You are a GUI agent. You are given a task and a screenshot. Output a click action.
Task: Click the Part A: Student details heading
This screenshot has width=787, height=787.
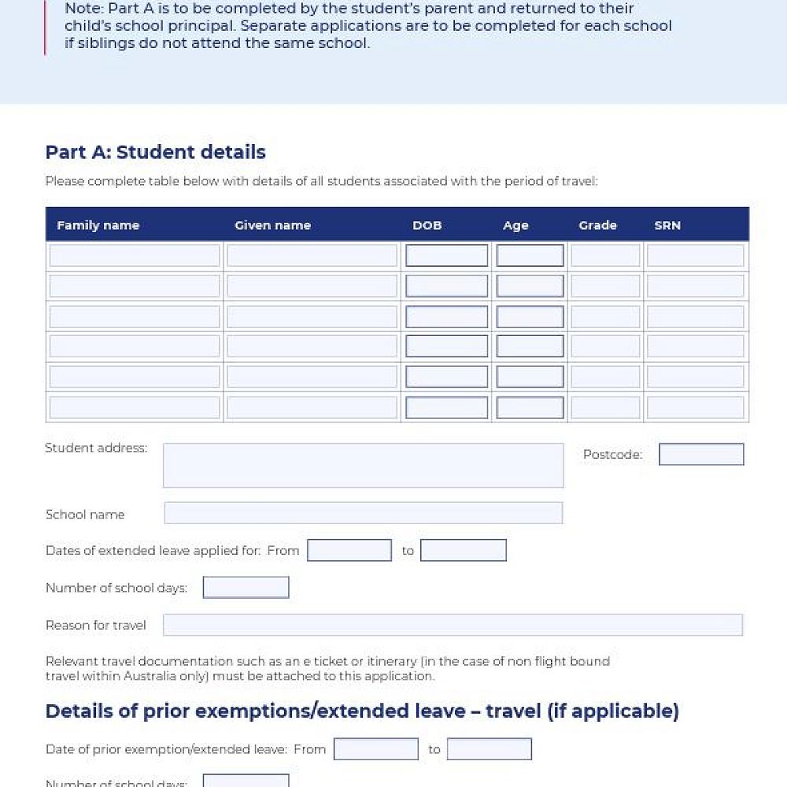point(155,152)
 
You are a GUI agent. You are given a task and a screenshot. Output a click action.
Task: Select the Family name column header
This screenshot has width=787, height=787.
point(98,225)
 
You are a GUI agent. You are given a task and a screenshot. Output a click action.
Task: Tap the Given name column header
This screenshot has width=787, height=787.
point(272,225)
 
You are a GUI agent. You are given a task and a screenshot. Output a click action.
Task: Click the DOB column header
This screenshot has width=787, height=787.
point(427,225)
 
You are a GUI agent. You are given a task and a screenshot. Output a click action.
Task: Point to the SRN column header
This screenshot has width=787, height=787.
point(667,225)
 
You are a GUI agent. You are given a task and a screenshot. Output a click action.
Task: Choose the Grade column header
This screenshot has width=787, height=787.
point(597,225)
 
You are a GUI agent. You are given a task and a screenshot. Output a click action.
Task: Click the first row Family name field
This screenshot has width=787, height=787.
point(135,256)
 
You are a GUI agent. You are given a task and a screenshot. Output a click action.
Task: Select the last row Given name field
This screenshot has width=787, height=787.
point(312,407)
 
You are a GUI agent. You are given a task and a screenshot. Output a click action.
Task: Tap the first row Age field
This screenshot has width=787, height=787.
point(530,256)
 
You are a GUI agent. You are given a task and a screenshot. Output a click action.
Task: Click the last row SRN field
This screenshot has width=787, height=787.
point(695,407)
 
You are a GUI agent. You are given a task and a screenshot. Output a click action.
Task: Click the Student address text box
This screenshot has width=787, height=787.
point(363,465)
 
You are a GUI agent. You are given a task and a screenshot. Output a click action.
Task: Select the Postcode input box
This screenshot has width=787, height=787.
point(700,454)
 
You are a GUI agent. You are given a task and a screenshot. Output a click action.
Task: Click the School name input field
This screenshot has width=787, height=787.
point(363,513)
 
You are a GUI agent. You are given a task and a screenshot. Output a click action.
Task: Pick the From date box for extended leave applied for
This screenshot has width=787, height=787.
point(349,550)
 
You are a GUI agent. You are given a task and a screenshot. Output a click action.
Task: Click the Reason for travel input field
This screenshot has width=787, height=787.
point(453,625)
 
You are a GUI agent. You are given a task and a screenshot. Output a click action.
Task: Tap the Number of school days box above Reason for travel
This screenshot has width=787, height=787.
point(246,587)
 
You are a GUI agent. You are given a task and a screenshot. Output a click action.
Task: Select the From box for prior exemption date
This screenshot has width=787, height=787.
point(375,748)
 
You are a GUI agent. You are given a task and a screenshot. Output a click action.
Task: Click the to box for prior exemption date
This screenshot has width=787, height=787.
point(489,748)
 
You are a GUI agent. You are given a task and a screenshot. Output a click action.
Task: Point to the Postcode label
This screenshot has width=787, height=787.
point(612,455)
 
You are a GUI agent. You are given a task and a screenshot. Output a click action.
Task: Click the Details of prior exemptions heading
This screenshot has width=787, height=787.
point(361,711)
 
